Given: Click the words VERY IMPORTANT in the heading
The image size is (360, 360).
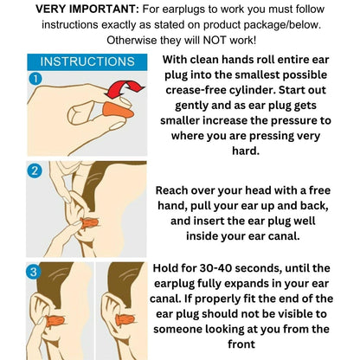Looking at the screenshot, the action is click(87, 10).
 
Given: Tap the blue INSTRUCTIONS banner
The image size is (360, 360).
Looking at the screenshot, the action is click(87, 61).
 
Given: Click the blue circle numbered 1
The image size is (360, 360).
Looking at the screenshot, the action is click(35, 79).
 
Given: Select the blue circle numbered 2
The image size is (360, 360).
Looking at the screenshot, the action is click(35, 171).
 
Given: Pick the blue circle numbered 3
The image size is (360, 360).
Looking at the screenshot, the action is click(33, 272).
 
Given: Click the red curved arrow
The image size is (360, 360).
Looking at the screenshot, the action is click(125, 89).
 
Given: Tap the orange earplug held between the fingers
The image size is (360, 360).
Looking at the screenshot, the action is click(119, 111).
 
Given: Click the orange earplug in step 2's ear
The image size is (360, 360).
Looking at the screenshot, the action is click(90, 223).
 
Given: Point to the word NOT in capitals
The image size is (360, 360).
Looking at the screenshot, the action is click(215, 40).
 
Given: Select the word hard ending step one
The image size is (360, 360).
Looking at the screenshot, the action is click(246, 151).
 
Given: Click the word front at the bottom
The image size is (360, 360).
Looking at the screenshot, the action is click(241, 344).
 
